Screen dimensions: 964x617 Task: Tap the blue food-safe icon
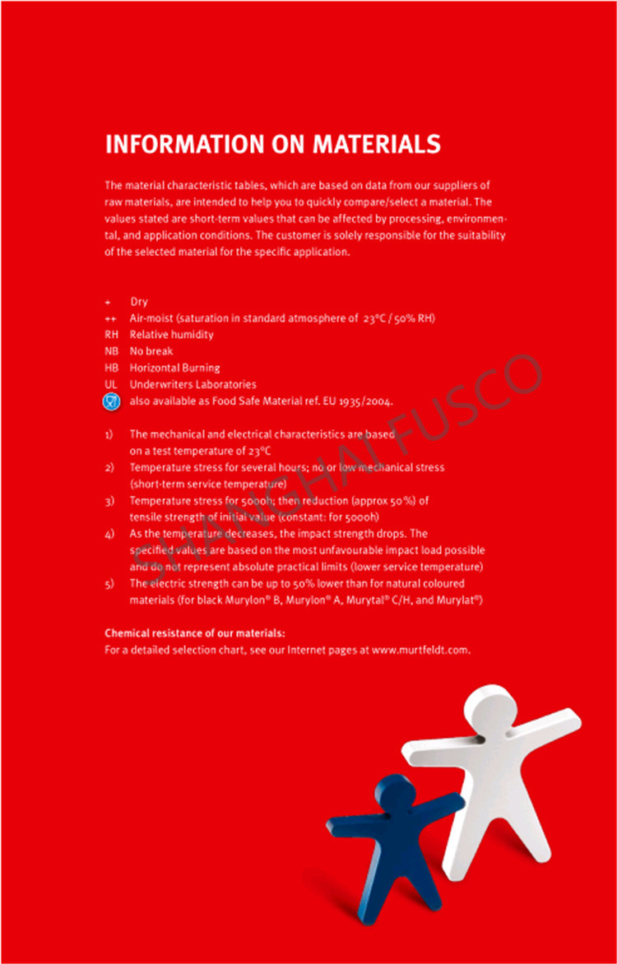(x=111, y=401)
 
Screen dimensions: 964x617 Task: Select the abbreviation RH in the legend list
(x=112, y=335)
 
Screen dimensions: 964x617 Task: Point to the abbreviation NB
(x=112, y=351)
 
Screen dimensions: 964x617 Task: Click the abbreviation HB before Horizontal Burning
(x=112, y=368)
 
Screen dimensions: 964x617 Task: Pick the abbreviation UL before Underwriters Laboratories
(x=111, y=384)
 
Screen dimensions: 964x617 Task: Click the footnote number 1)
(x=109, y=433)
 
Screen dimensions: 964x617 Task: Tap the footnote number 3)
(x=109, y=500)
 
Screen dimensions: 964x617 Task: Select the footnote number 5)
(x=109, y=583)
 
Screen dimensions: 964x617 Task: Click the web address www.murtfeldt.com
(x=420, y=650)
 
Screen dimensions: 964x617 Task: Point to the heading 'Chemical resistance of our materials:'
(x=195, y=633)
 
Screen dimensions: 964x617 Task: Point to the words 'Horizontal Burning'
(x=174, y=368)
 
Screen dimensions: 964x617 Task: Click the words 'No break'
(x=151, y=351)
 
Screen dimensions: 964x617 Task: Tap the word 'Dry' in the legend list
(x=139, y=302)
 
